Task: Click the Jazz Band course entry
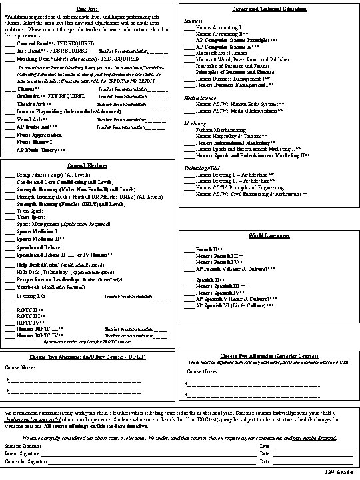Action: point(33,49)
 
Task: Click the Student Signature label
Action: point(21,445)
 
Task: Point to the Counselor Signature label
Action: point(25,461)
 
